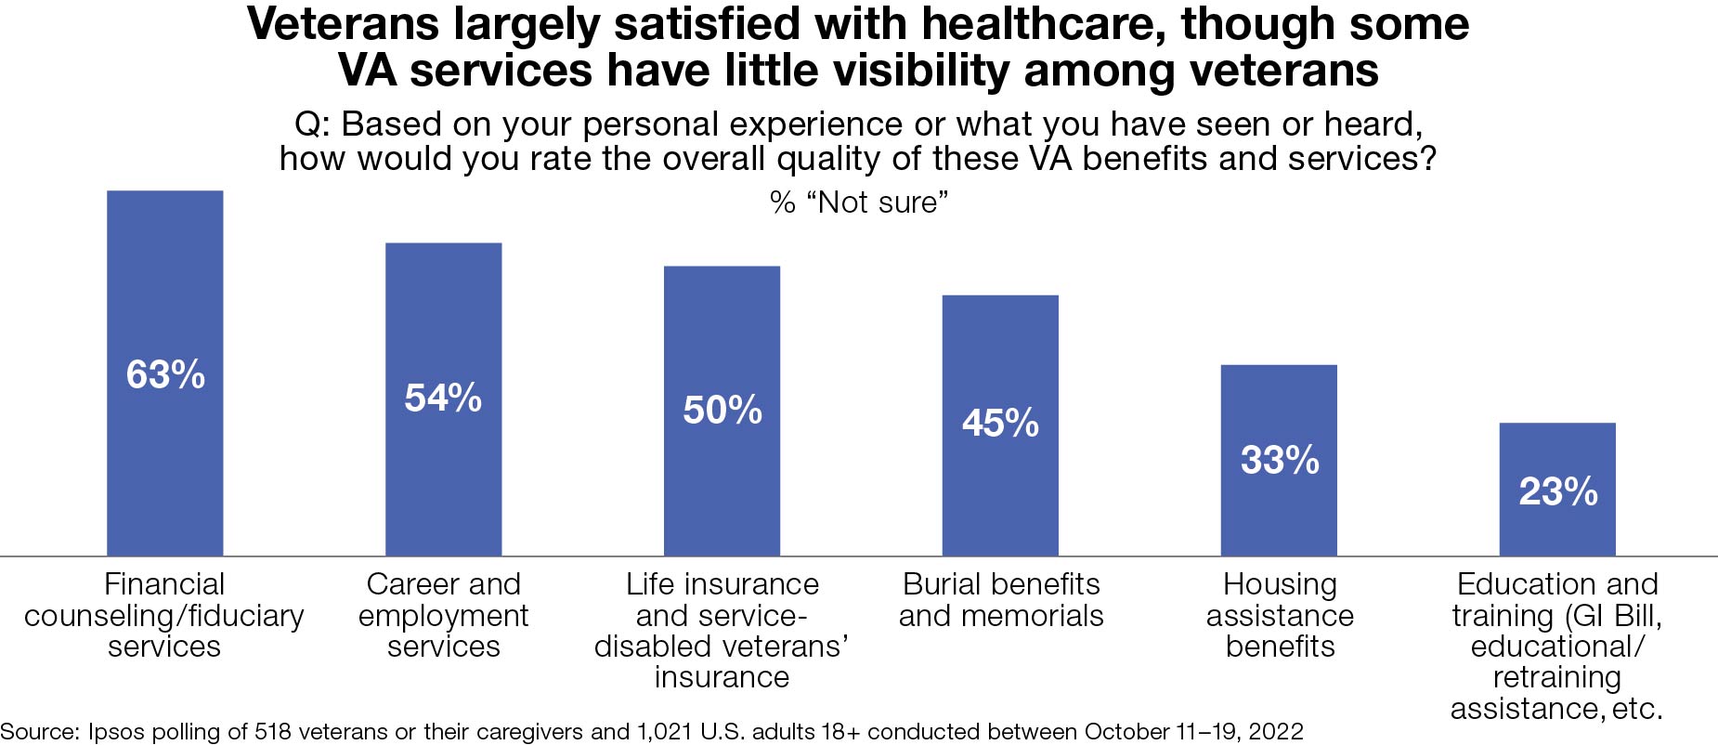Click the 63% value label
(x=165, y=375)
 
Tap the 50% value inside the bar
(x=722, y=410)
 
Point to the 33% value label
(x=1279, y=460)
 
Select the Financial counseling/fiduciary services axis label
(x=164, y=615)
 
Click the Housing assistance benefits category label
(x=1279, y=615)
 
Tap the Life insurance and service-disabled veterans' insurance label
(x=722, y=630)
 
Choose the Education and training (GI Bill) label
(x=1557, y=646)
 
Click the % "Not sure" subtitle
(x=859, y=202)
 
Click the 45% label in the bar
(x=1000, y=424)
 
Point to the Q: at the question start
(x=314, y=124)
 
